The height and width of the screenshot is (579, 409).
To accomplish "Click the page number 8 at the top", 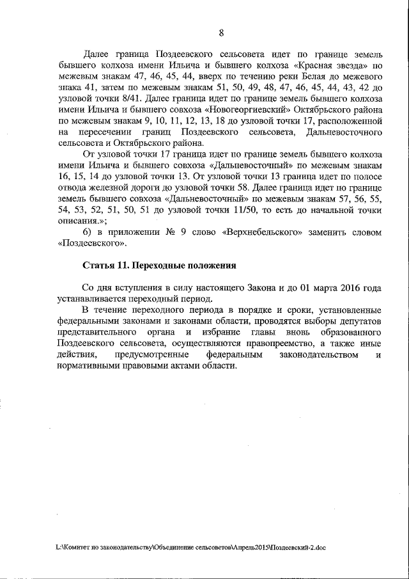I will pyautogui.click(x=220, y=33).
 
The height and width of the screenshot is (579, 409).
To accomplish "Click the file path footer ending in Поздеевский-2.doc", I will pyautogui.click(x=191, y=548).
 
